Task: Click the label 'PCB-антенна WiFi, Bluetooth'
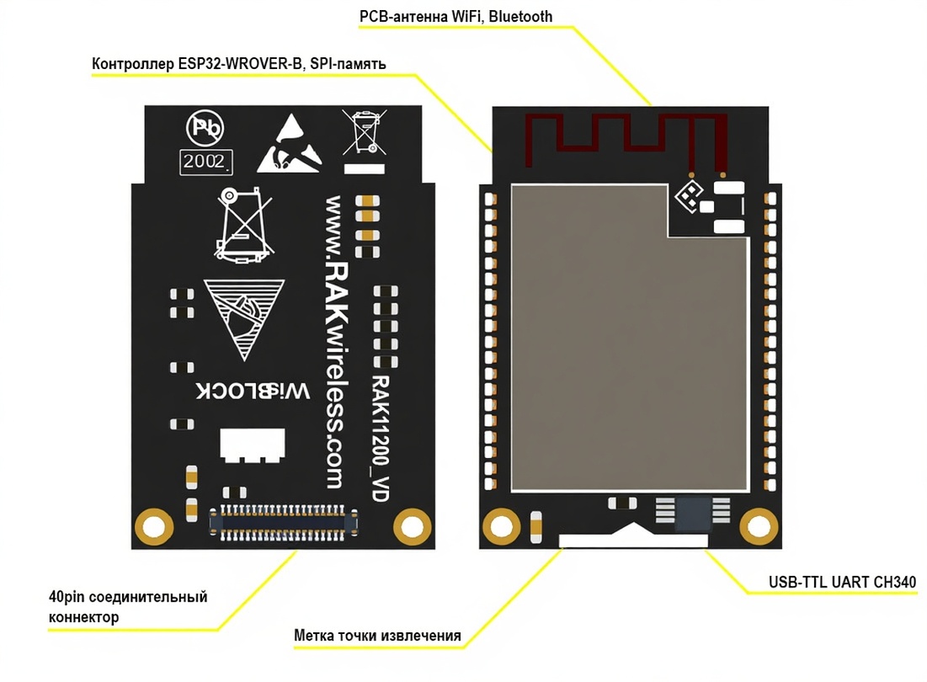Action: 456,16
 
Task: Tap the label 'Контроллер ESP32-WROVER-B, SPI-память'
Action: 239,65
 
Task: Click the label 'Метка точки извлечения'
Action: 377,635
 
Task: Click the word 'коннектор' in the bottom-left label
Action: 83,617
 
